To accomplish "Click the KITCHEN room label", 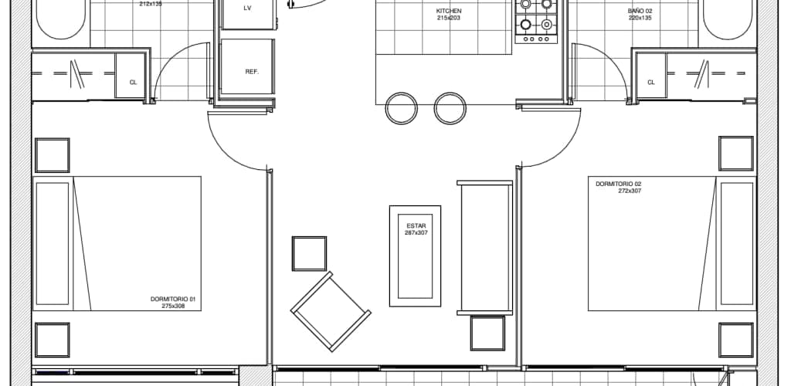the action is (449, 11).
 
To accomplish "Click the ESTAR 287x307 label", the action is (415, 229).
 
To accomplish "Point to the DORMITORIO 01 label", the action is (172, 299).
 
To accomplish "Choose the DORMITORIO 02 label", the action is (619, 184).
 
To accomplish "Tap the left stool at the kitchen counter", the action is (401, 108).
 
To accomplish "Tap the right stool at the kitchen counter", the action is (450, 108).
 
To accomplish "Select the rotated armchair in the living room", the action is (331, 311).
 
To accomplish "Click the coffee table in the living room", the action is (415, 256).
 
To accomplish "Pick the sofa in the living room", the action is (485, 248).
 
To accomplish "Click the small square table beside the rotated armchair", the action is (309, 253).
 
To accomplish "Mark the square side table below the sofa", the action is (487, 333).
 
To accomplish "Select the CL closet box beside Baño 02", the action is (650, 75).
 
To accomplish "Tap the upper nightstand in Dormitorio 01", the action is (52, 155).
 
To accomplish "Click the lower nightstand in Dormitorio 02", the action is (736, 340).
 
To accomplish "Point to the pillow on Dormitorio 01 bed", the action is (52, 243).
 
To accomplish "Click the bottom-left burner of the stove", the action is (525, 24).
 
